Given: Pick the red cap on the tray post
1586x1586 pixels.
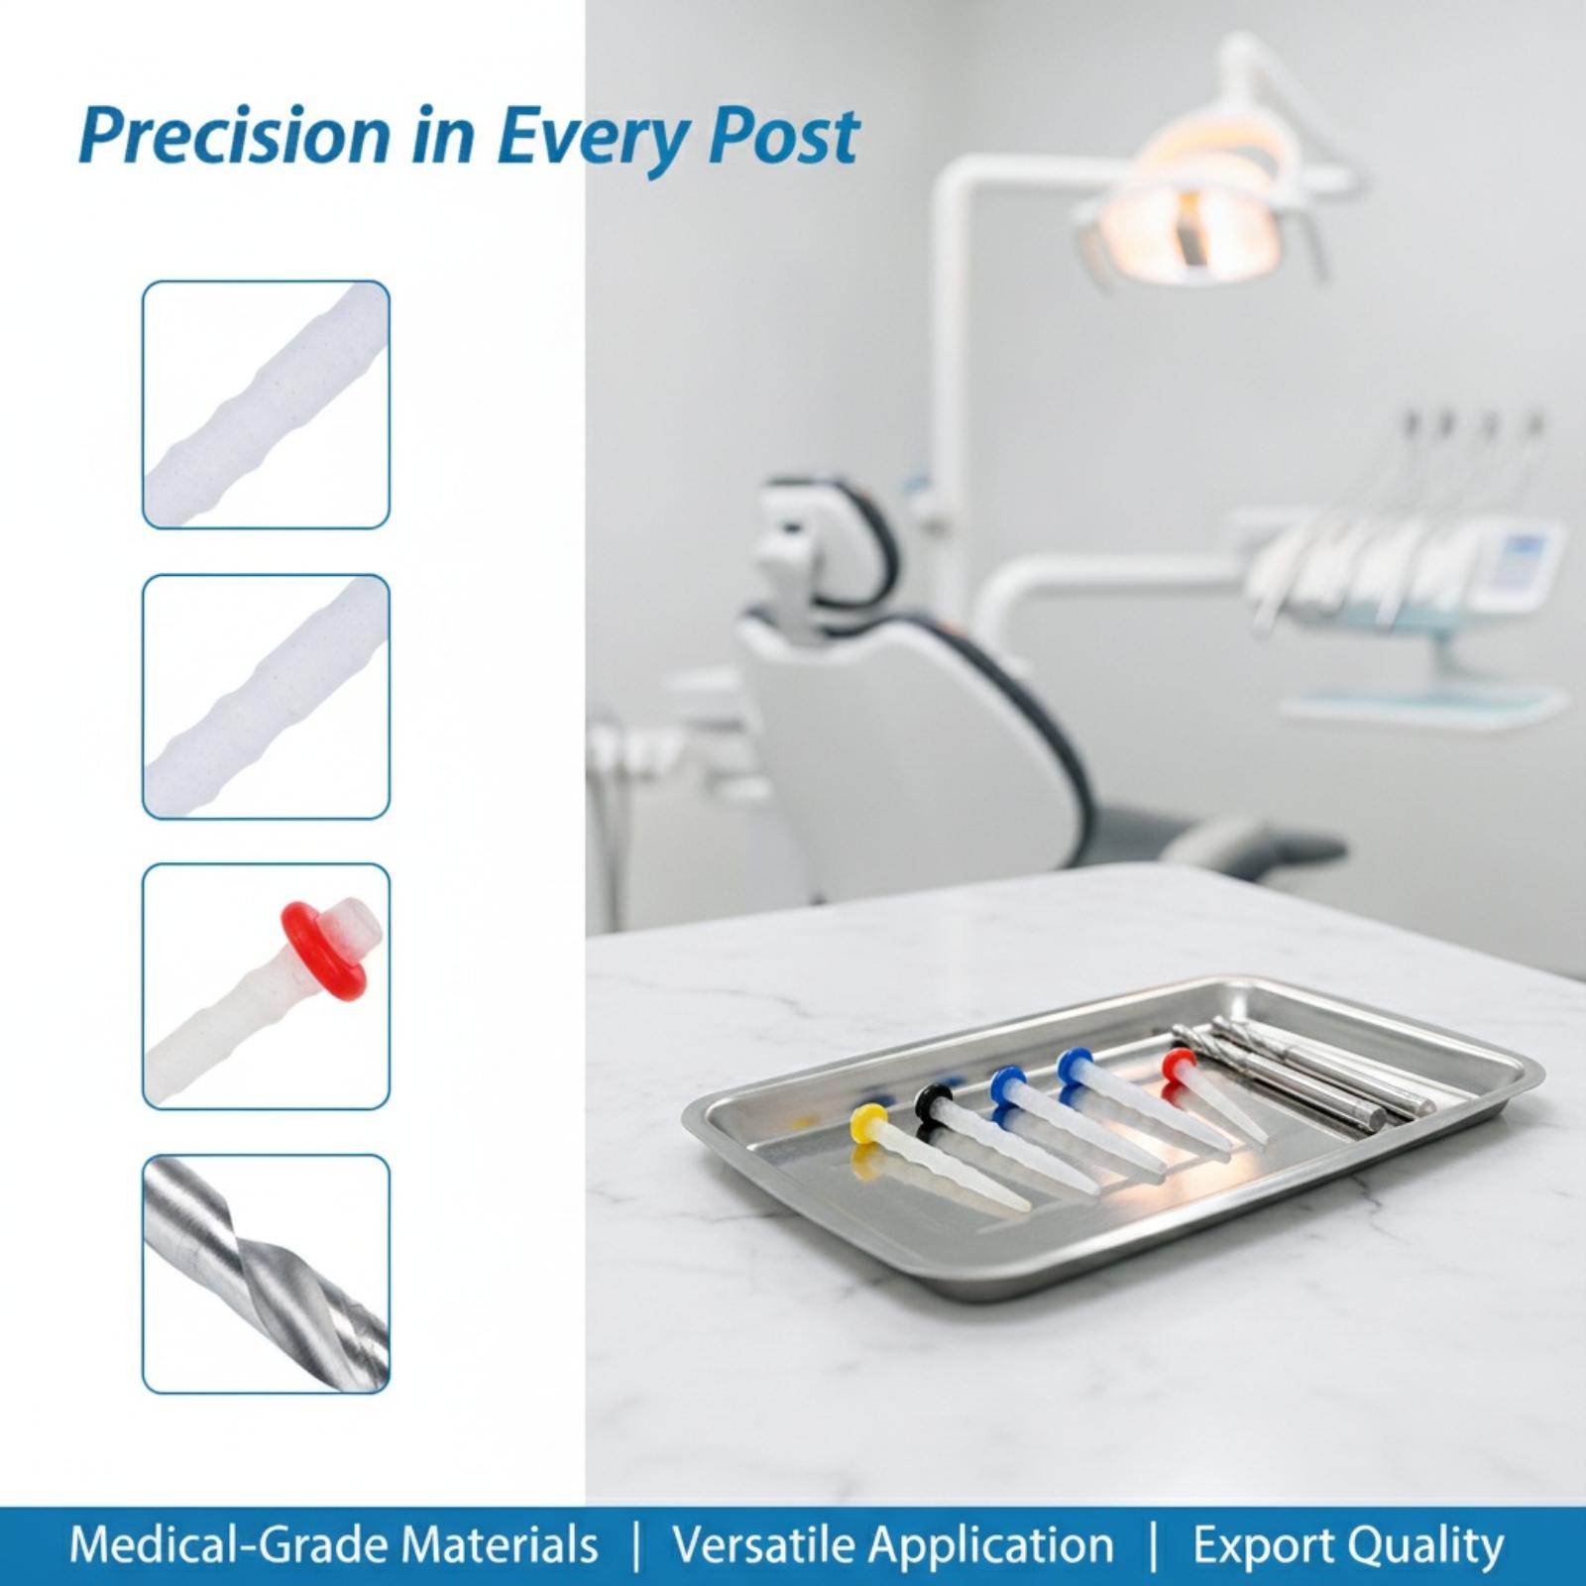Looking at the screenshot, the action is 1177,1066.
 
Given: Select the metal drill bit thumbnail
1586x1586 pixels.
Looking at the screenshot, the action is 266,1273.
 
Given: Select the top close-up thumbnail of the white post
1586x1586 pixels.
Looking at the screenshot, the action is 266,404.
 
